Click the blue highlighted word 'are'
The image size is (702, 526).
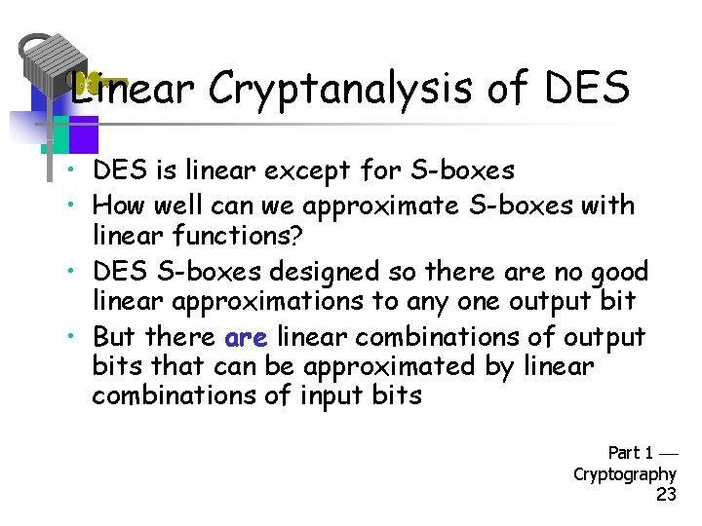coord(246,337)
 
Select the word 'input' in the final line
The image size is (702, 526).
coord(330,396)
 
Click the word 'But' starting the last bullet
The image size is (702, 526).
coord(115,337)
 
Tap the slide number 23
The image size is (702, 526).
coord(666,496)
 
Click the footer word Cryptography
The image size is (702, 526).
coord(624,474)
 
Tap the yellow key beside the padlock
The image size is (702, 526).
coord(101,83)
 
